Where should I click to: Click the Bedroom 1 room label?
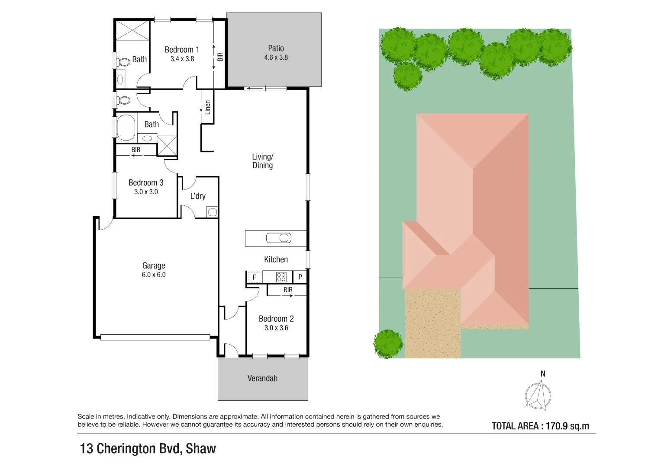[182, 50]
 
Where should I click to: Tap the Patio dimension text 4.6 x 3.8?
[276, 58]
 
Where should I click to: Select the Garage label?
[154, 265]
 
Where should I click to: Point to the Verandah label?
[262, 378]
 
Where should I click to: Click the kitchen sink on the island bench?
[279, 238]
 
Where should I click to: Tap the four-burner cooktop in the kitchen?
[281, 277]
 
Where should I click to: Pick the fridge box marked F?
[254, 277]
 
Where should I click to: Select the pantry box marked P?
[300, 277]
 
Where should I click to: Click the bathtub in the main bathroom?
[126, 127]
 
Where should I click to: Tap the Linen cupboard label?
[208, 107]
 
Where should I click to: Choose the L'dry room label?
[198, 196]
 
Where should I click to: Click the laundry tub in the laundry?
[212, 212]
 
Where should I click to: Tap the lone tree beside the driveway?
[388, 344]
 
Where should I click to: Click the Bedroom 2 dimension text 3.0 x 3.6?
[276, 328]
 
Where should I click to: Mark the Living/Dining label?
[262, 161]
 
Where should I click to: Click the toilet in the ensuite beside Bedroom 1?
[124, 62]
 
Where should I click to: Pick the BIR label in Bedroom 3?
[136, 150]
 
